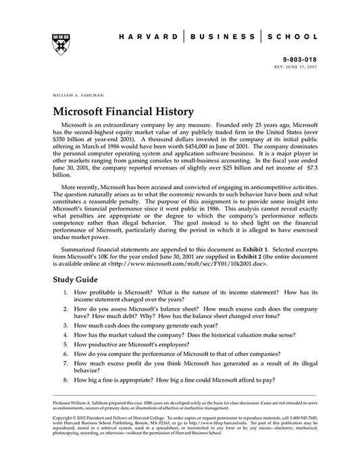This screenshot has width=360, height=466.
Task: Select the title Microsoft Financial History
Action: point(123,110)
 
